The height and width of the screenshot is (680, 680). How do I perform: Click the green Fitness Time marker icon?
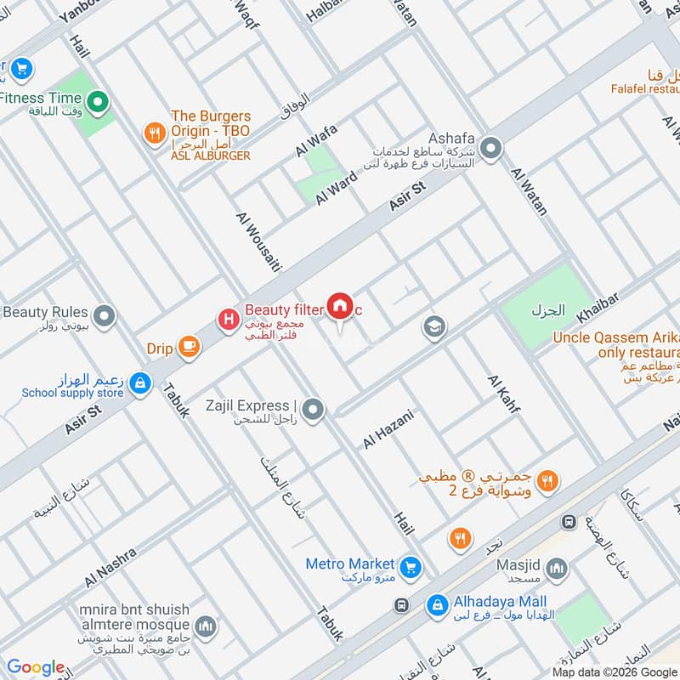pyautogui.click(x=98, y=104)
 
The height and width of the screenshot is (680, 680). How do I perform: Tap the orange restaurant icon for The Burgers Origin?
pyautogui.click(x=154, y=133)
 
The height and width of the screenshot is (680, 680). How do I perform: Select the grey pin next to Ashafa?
pyautogui.click(x=490, y=150)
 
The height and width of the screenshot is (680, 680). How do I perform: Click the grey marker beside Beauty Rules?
pyautogui.click(x=105, y=317)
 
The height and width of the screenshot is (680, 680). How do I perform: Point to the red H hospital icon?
pyautogui.click(x=228, y=320)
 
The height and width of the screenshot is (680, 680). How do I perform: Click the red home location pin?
pyautogui.click(x=340, y=307)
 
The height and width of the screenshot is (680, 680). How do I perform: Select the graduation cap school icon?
pyautogui.click(x=434, y=327)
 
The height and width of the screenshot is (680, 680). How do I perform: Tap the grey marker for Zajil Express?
pyautogui.click(x=314, y=411)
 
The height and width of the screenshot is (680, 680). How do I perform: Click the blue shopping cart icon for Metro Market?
pyautogui.click(x=411, y=564)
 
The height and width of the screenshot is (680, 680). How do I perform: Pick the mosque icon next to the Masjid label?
pyautogui.click(x=557, y=568)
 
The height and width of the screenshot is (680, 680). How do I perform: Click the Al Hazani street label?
pyautogui.click(x=388, y=429)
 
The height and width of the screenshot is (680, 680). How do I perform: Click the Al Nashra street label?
pyautogui.click(x=110, y=567)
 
